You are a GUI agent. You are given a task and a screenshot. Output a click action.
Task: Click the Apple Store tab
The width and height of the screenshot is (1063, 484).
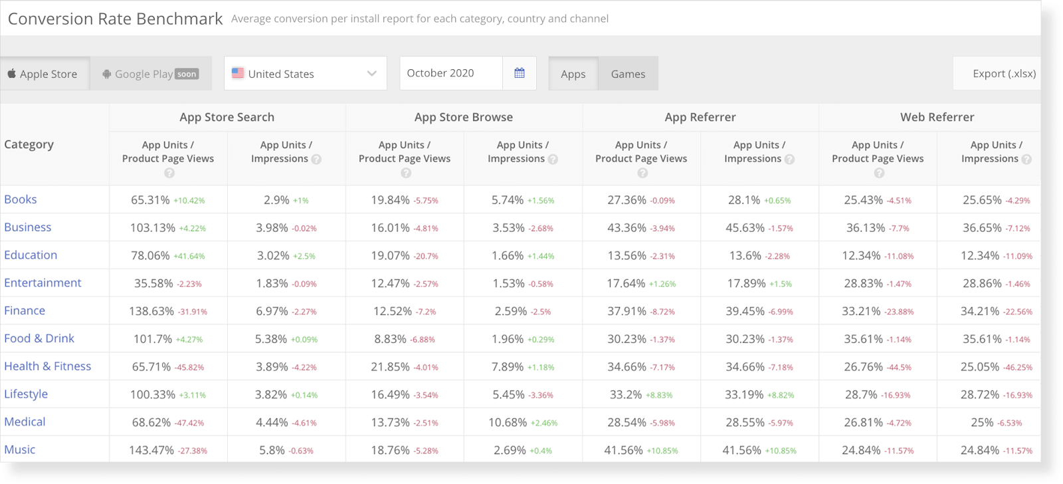click(44, 74)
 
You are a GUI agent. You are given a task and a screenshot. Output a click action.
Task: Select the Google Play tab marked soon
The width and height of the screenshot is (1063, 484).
click(151, 74)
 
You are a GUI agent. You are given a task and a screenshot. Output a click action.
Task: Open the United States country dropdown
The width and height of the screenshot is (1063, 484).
click(305, 74)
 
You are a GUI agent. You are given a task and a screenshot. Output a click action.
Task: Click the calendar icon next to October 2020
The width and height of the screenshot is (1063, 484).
click(519, 73)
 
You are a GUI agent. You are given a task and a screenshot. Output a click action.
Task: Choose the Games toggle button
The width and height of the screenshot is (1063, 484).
click(628, 74)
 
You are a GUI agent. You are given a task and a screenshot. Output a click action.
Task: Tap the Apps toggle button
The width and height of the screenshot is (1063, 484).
click(573, 74)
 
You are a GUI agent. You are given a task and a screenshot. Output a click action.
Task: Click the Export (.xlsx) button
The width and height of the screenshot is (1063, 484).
click(1003, 74)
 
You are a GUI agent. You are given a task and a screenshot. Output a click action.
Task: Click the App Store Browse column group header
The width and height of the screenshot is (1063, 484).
click(463, 117)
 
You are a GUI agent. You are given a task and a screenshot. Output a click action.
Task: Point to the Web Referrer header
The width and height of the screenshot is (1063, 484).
click(937, 117)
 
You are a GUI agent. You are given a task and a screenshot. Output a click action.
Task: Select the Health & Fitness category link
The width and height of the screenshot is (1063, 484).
click(47, 366)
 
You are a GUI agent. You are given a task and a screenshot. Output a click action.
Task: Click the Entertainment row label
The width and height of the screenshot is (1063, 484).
click(43, 283)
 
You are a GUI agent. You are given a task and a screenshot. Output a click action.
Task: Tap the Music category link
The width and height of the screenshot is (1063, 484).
click(20, 449)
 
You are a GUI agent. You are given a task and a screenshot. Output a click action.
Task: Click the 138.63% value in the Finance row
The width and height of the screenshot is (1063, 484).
click(152, 311)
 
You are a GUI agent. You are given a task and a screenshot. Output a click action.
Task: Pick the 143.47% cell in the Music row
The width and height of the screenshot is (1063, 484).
click(151, 450)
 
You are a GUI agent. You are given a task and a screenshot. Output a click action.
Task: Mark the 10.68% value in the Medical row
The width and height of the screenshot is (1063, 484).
click(508, 422)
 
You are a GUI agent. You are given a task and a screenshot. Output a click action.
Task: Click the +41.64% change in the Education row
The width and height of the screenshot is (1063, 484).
click(189, 256)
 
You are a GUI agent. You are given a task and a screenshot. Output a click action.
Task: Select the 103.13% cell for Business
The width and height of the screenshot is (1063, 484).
click(153, 228)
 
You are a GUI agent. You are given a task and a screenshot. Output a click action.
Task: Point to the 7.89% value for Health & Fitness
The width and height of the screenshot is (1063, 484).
click(508, 367)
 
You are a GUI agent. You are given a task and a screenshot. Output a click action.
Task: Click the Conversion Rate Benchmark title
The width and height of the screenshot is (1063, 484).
click(115, 19)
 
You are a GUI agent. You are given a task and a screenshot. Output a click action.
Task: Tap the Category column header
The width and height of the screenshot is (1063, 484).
click(29, 144)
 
